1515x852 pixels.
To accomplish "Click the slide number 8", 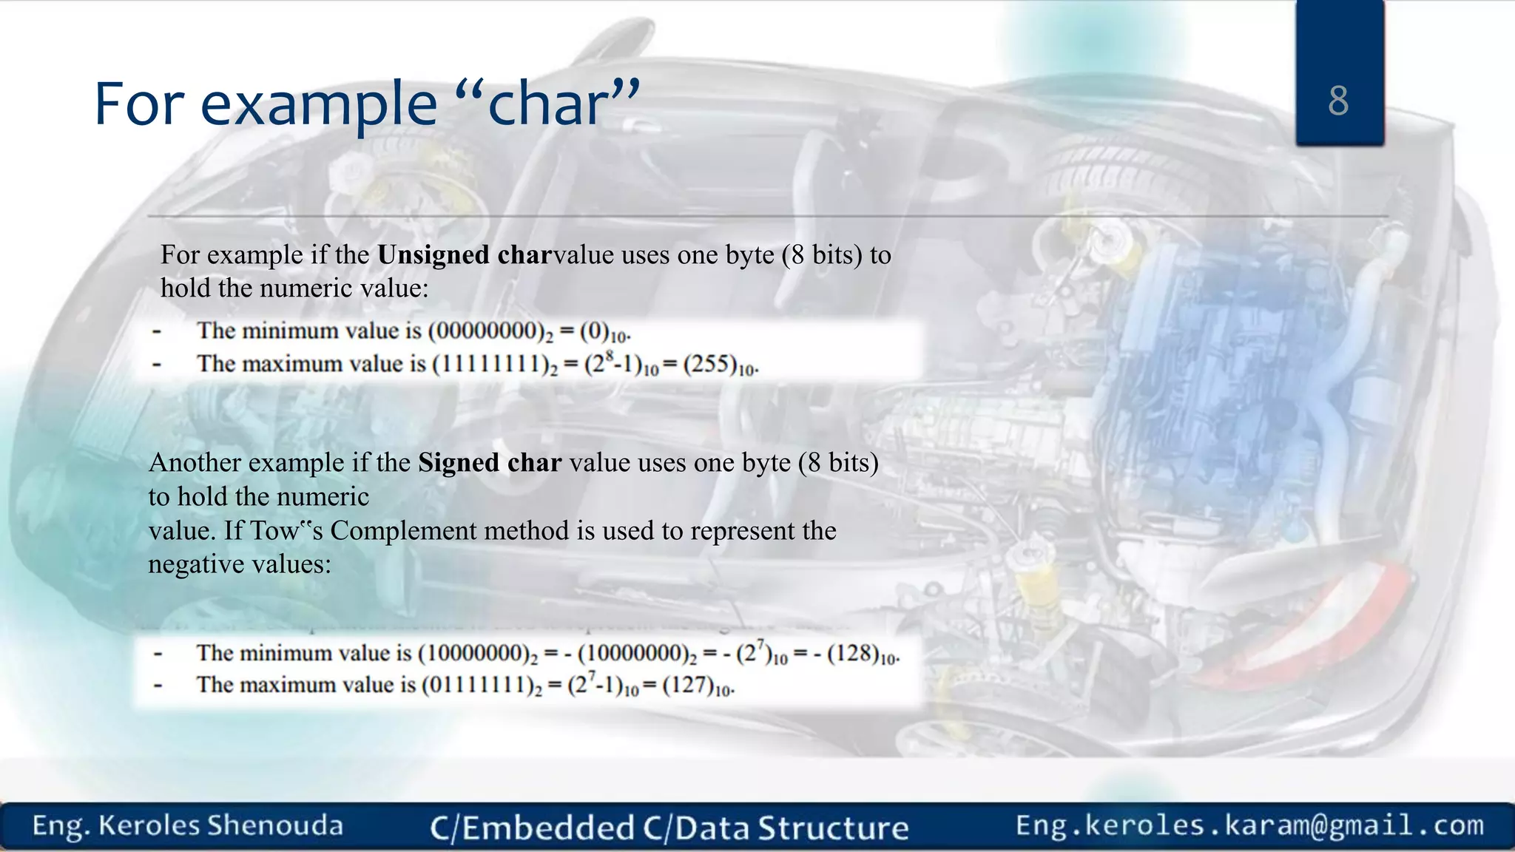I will (1338, 101).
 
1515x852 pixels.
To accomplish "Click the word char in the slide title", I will (548, 104).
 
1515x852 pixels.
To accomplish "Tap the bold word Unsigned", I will (433, 255).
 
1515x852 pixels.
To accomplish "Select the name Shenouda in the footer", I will (274, 826).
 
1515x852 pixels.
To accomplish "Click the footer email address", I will (1249, 825).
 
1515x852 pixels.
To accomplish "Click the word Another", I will (194, 463).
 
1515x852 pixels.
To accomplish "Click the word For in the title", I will (138, 104).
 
